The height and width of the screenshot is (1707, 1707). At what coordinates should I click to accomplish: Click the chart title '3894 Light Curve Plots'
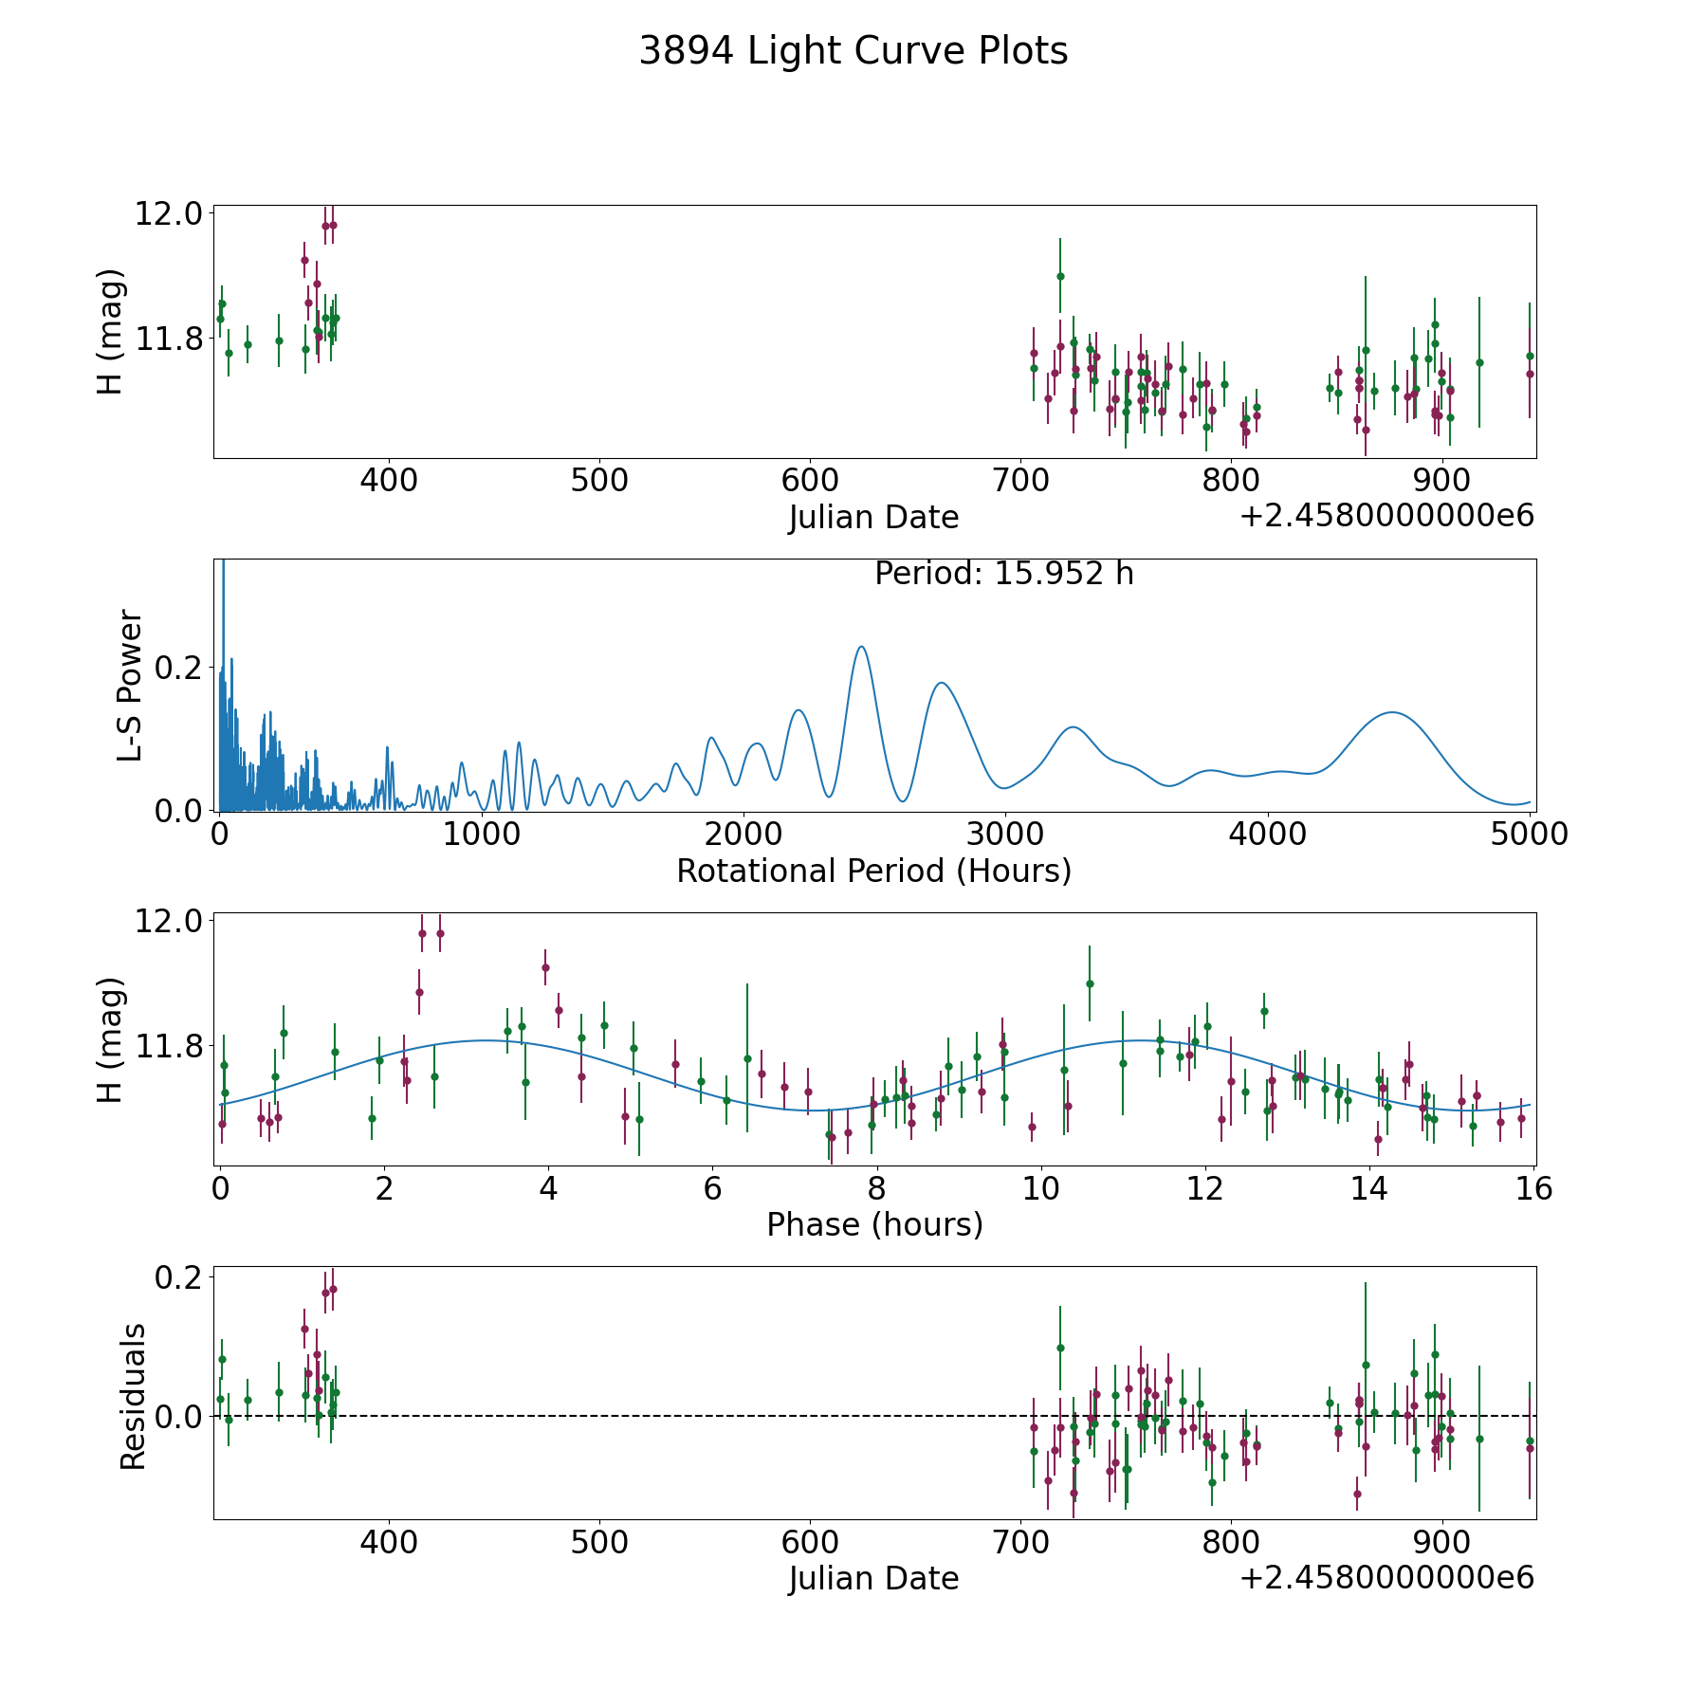click(x=853, y=51)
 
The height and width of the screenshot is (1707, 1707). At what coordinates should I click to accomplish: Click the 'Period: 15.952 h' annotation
click(x=1004, y=574)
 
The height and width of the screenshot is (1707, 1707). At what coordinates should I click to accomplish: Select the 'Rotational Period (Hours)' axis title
click(x=873, y=871)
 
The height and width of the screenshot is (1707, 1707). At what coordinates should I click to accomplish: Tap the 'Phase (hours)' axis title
click(x=874, y=1224)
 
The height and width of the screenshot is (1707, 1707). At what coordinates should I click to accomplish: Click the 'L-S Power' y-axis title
click(x=131, y=686)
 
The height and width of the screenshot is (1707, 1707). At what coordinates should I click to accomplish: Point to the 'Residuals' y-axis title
click(x=133, y=1396)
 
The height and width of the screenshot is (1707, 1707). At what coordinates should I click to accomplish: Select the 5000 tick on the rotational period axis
click(x=1529, y=835)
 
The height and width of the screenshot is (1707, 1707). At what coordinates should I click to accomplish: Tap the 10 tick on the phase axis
click(x=1041, y=1188)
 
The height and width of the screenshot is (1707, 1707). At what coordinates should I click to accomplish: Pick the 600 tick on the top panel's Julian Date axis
click(x=810, y=481)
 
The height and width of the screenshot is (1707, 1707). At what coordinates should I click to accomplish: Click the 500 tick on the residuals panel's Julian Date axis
click(x=599, y=1543)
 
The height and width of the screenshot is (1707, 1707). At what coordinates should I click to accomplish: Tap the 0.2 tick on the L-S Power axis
click(x=180, y=668)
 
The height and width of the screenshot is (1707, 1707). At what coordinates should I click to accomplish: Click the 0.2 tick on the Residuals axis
click(x=180, y=1278)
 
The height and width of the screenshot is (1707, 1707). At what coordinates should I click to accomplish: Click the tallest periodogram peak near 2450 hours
click(x=861, y=647)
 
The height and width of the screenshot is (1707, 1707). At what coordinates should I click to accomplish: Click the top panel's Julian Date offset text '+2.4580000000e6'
click(x=1387, y=516)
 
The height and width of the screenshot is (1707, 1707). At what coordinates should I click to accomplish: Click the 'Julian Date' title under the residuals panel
click(x=873, y=1579)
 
